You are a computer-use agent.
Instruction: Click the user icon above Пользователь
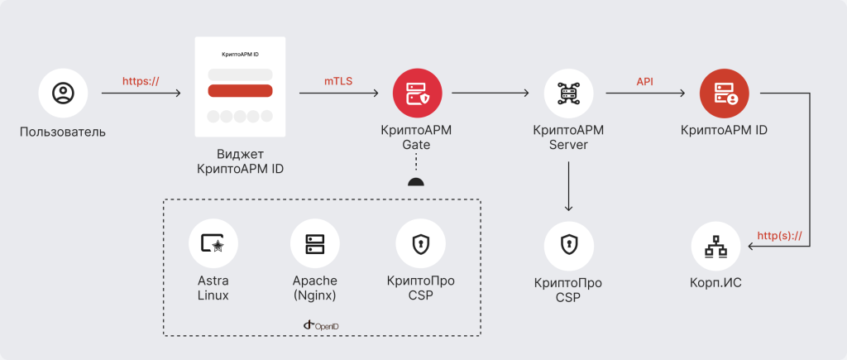coord(63,94)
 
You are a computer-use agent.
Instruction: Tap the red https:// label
coord(141,81)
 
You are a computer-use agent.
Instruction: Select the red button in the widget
coord(240,91)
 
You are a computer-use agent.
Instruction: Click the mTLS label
coord(337,81)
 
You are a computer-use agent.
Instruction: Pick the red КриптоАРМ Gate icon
coord(417,94)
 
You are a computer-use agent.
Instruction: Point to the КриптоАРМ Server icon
coord(568,94)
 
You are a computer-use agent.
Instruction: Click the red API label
coord(645,81)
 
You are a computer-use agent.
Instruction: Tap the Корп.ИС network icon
coord(715,246)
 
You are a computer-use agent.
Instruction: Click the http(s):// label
coord(781,236)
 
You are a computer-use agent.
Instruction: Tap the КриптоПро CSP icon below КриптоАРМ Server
coord(568,244)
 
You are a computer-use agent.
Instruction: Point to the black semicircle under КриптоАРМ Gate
coord(417,182)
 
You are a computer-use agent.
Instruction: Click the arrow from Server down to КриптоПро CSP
coord(568,186)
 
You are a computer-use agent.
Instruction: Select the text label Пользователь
coord(63,132)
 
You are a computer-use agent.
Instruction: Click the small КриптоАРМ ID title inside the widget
coord(240,54)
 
